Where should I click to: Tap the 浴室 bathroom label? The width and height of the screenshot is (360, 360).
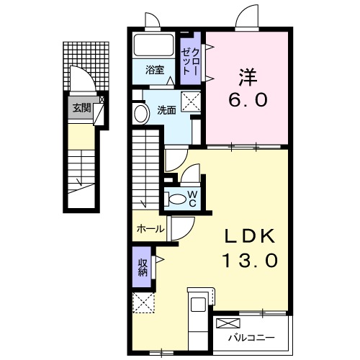pos(155,70)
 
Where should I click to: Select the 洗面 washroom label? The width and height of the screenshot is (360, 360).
pos(166,110)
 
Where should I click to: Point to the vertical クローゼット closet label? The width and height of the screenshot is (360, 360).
pos(192,60)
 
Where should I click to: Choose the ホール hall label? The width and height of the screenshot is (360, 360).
pos(149,229)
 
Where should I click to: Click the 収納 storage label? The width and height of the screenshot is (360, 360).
pos(143,266)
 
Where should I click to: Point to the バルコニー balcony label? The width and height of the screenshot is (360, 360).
pos(251,336)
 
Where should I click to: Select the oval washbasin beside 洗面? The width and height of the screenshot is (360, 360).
pos(139,112)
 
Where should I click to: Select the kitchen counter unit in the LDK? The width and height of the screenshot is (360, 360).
pos(197,313)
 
